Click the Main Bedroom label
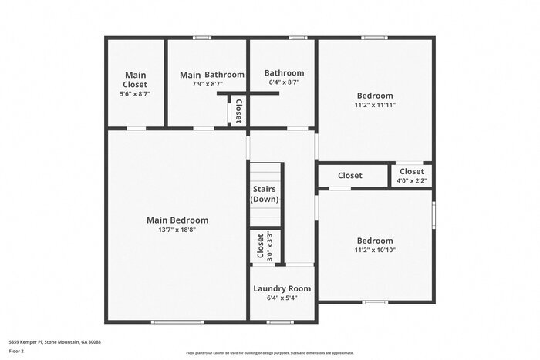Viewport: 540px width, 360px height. pos(177,220)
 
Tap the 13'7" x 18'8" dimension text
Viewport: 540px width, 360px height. pos(177,230)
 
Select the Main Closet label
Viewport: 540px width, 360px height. pos(135,79)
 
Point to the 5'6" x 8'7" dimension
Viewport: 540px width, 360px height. pos(135,93)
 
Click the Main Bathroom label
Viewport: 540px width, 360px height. pos(212,75)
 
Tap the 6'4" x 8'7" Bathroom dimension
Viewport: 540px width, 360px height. pos(284,82)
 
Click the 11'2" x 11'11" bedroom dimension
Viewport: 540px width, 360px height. pos(375,105)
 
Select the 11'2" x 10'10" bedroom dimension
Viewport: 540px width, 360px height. pos(375,250)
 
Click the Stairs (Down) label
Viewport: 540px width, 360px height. pos(265,193)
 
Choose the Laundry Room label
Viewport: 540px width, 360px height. pos(282,289)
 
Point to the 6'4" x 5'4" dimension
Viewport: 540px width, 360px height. pos(282,298)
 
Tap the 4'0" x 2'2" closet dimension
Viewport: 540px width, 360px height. pos(411,181)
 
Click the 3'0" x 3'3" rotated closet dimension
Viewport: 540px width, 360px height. pos(269,246)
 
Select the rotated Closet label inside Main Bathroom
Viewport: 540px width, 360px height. pos(239,111)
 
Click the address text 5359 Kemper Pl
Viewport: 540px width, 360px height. pos(55,341)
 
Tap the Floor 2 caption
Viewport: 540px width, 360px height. pos(17,351)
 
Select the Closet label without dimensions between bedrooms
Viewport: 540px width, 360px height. pos(349,176)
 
